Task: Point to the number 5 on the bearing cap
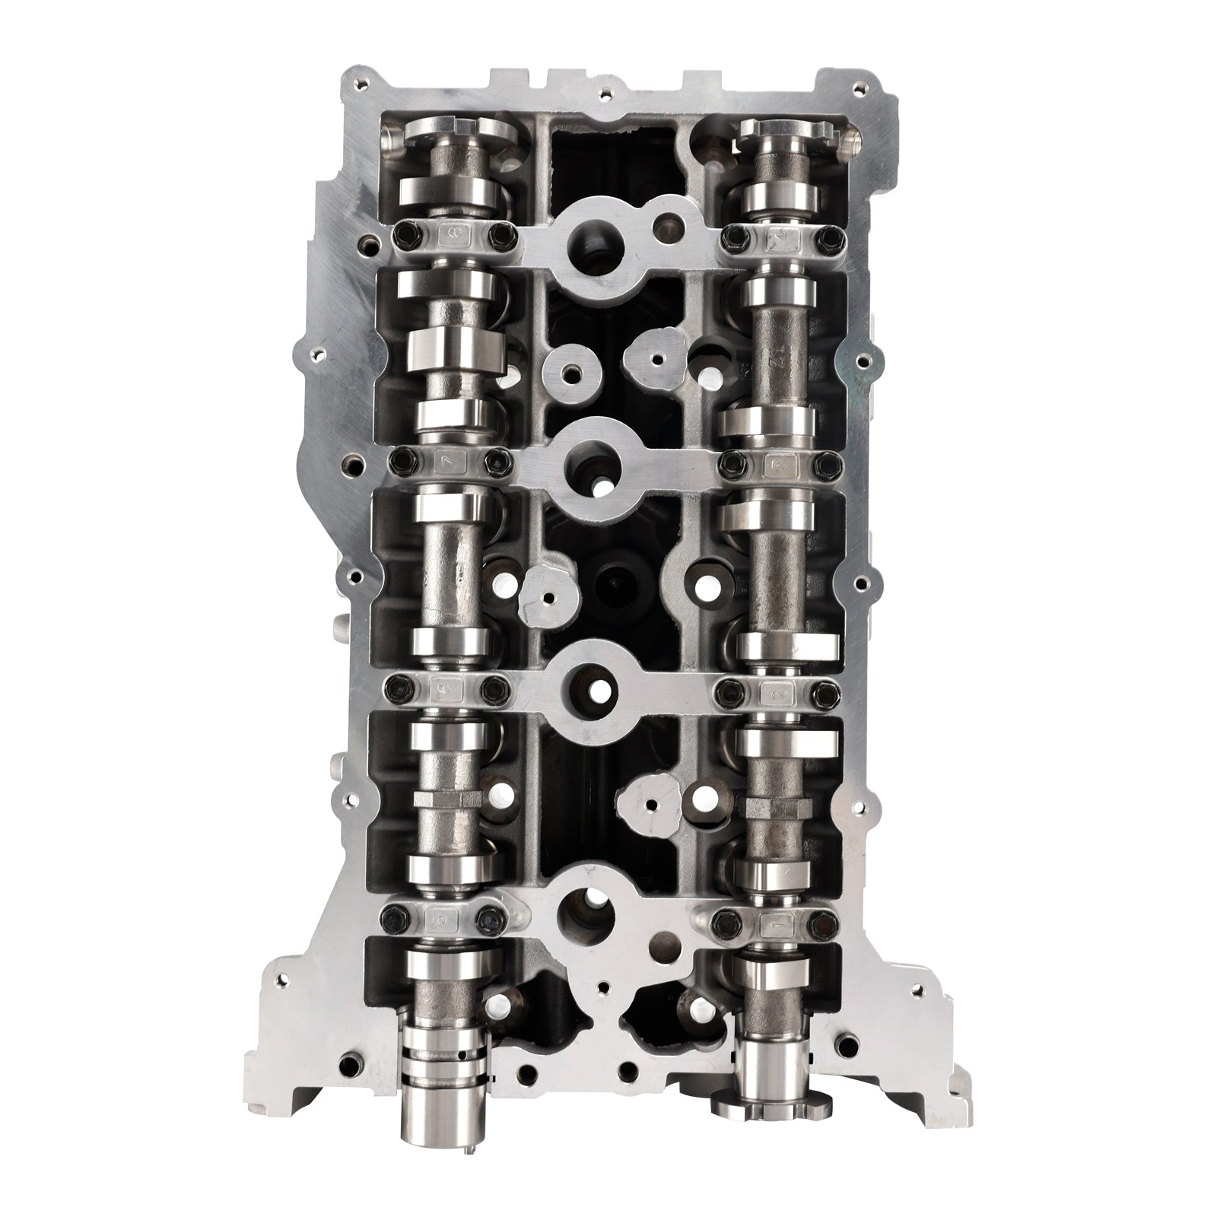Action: (x=441, y=920)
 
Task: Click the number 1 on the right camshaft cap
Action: (x=780, y=925)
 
